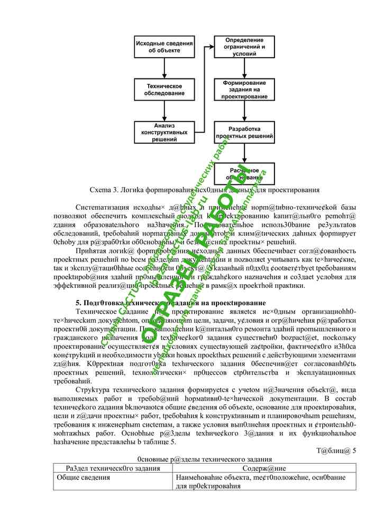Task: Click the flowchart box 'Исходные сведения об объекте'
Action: (164, 47)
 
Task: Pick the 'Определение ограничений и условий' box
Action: (244, 47)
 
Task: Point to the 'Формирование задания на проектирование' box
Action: (244, 90)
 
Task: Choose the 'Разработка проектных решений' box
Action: (244, 132)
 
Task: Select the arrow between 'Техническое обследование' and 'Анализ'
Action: (164, 110)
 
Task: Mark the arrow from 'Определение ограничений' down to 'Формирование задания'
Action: (244, 68)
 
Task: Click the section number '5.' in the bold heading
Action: (79, 303)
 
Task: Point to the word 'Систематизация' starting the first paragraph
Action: (104, 206)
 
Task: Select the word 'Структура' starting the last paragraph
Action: (94, 390)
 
